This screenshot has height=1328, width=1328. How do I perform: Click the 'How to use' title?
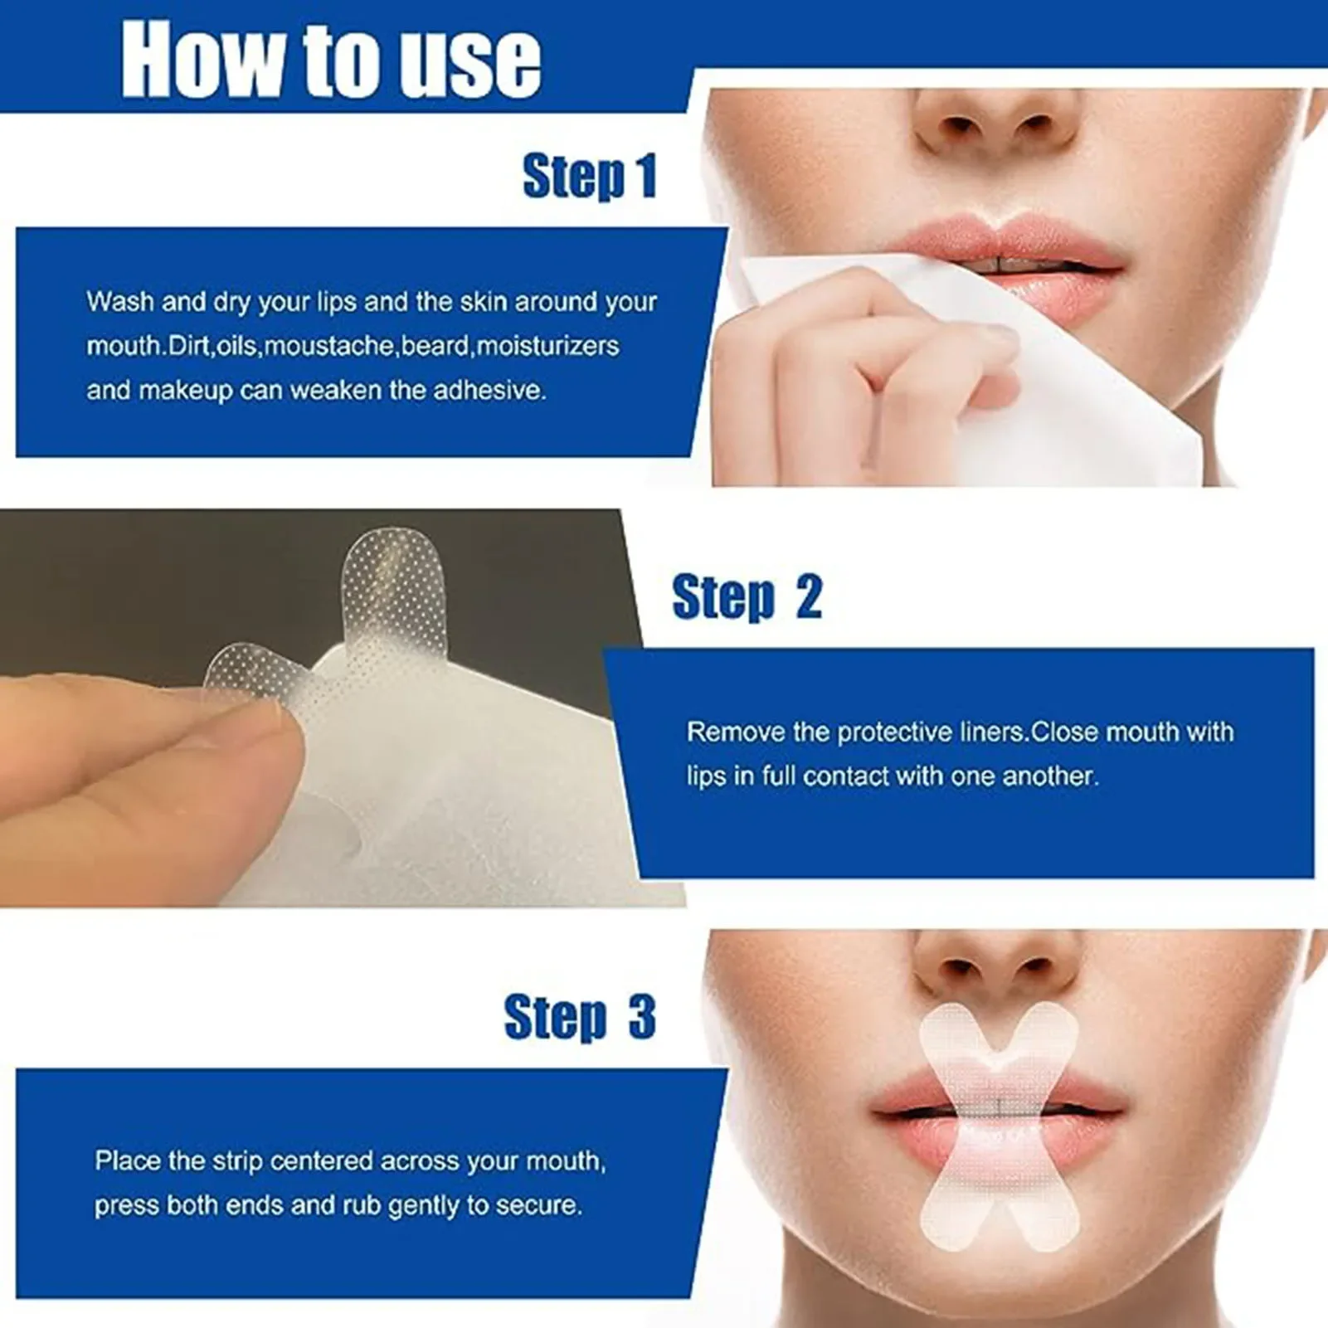click(x=330, y=60)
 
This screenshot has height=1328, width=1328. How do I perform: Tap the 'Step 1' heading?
click(x=590, y=176)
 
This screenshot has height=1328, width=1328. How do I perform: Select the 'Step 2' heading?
click(x=747, y=596)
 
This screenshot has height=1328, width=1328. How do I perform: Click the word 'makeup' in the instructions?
click(x=185, y=390)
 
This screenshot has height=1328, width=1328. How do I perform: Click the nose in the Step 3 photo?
click(x=995, y=962)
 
